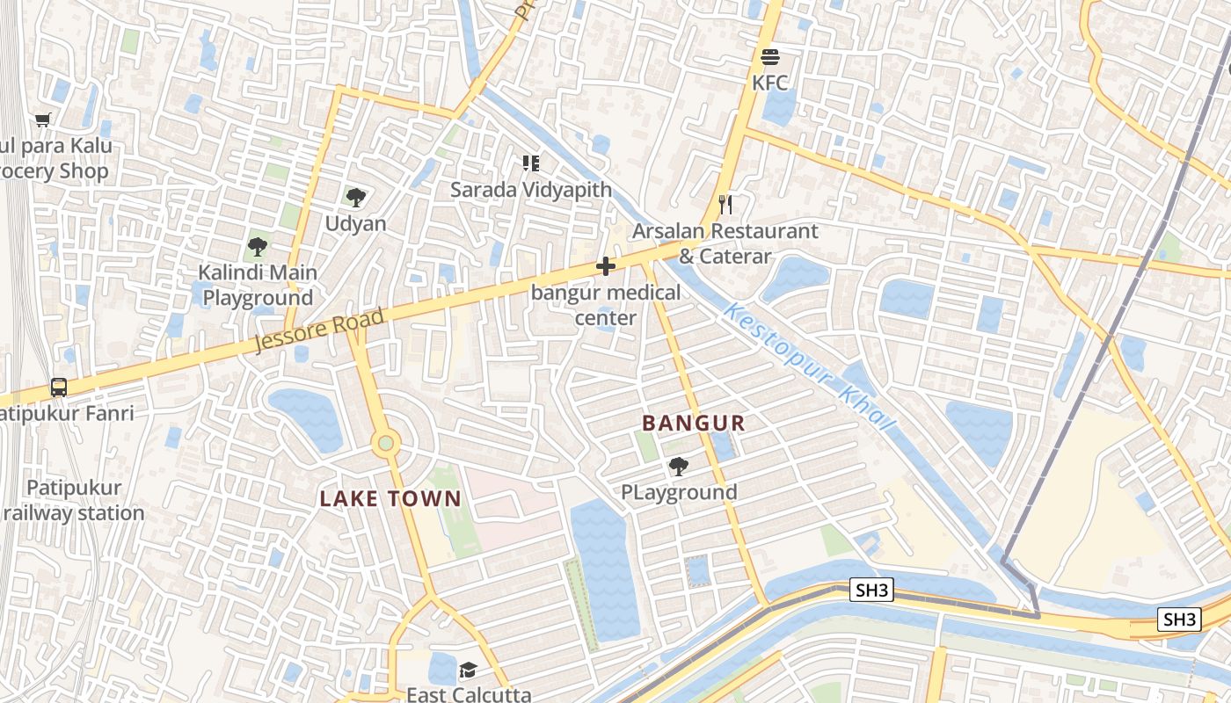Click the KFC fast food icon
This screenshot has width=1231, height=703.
(770, 58)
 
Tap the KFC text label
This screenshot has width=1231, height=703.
(770, 83)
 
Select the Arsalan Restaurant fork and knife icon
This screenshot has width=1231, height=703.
(725, 205)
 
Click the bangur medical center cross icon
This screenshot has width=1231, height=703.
(605, 265)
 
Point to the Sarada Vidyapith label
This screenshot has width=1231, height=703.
(531, 190)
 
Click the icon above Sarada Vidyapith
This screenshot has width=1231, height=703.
(531, 163)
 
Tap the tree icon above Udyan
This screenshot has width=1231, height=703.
(355, 197)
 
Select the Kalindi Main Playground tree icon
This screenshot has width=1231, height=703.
(258, 246)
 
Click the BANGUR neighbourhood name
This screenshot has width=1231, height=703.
(693, 424)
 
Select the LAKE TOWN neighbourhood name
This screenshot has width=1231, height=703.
(390, 499)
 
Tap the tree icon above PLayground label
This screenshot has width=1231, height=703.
(678, 467)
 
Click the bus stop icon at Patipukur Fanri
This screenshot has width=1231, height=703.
(59, 387)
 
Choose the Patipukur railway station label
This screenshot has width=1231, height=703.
(75, 500)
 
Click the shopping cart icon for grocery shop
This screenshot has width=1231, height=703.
(43, 120)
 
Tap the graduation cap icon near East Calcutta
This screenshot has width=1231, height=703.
(468, 671)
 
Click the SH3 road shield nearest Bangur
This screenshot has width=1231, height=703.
(871, 591)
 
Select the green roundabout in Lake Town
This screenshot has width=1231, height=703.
(385, 443)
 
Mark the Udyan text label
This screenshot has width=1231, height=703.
(355, 224)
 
